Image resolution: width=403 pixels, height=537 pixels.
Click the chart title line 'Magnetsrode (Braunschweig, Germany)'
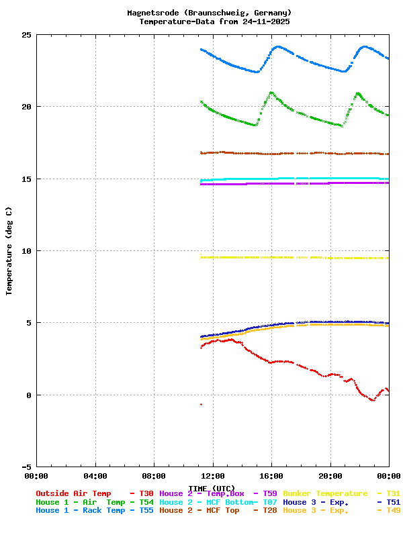point(209,13)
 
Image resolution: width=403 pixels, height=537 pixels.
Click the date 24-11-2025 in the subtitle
point(263,21)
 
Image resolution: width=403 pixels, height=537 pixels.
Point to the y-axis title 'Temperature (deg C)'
point(9,251)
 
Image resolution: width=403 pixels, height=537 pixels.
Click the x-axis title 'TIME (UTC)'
point(212,488)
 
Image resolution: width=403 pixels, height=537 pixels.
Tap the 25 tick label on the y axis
point(26,35)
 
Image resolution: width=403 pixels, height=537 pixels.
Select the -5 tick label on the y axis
point(26,467)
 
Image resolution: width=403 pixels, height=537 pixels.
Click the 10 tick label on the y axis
point(26,251)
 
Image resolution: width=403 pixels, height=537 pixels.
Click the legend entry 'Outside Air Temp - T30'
point(95,493)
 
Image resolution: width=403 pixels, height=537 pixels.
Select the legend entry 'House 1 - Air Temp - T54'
point(95,502)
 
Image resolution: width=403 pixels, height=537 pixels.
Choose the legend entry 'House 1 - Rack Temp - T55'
point(95,511)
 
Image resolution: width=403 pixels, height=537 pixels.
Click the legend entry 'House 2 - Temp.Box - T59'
point(218,493)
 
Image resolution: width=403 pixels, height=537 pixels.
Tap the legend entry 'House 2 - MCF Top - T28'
point(218,511)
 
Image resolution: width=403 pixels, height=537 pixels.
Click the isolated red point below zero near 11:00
point(201,404)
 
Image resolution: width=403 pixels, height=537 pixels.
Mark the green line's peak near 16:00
point(271,93)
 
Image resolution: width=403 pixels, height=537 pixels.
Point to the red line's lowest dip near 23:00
point(373,400)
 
